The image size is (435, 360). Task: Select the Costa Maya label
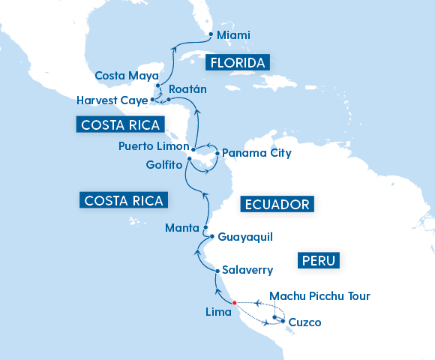pyautogui.click(x=127, y=76)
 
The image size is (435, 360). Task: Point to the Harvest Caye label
pyautogui.click(x=112, y=100)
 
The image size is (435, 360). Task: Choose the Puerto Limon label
pyautogui.click(x=154, y=146)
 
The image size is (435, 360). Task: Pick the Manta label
pyautogui.click(x=181, y=227)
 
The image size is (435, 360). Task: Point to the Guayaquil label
pyautogui.click(x=245, y=237)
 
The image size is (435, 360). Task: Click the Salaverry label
pyautogui.click(x=248, y=270)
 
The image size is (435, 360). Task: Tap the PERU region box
pyautogui.click(x=319, y=260)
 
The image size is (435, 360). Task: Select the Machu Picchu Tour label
pyautogui.click(x=319, y=296)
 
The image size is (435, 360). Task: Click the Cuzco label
pyautogui.click(x=305, y=322)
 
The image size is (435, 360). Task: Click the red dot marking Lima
pyautogui.click(x=235, y=303)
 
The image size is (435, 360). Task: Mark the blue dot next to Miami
pyautogui.click(x=210, y=34)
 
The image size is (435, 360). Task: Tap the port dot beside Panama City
pyautogui.click(x=217, y=154)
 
